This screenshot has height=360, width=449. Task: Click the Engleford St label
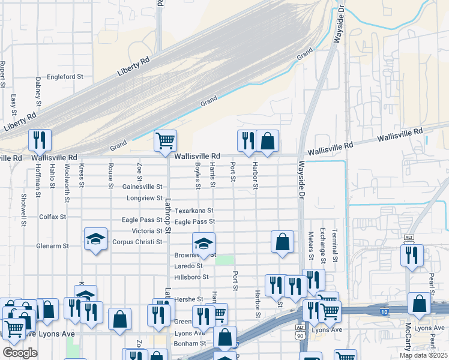tap(65, 77)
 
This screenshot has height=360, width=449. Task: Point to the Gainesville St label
tap(142, 187)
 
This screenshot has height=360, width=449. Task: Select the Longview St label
tap(143, 198)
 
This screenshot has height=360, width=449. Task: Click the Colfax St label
tap(52, 217)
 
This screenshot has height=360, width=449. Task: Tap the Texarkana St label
tap(194, 211)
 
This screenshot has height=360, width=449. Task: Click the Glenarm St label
tap(53, 246)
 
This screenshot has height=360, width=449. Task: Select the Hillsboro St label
tap(191, 277)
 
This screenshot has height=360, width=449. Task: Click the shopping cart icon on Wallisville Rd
tap(165, 141)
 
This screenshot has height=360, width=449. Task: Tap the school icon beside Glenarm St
tap(95, 239)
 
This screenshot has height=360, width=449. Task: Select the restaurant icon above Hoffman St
tap(40, 140)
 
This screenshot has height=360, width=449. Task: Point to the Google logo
tap(20, 353)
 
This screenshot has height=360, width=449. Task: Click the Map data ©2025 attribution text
tap(423, 355)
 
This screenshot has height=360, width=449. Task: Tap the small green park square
tap(224, 260)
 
